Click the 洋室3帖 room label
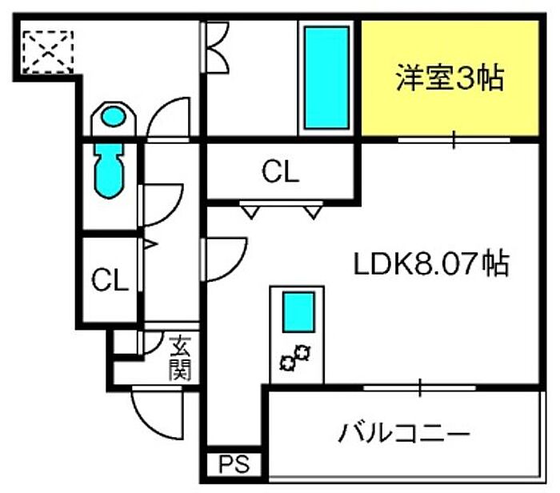(x=450, y=78)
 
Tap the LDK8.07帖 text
(x=431, y=264)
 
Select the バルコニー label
(x=403, y=432)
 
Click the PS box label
(x=234, y=464)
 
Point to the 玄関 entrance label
(x=180, y=359)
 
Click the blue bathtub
(x=326, y=78)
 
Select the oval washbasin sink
(x=114, y=117)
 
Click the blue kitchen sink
(x=298, y=312)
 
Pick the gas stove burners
(x=295, y=358)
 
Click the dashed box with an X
(x=48, y=53)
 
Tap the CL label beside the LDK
(x=280, y=172)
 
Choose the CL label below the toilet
(x=110, y=280)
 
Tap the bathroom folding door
(x=215, y=47)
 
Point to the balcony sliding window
(x=420, y=387)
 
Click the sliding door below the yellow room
(x=454, y=140)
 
